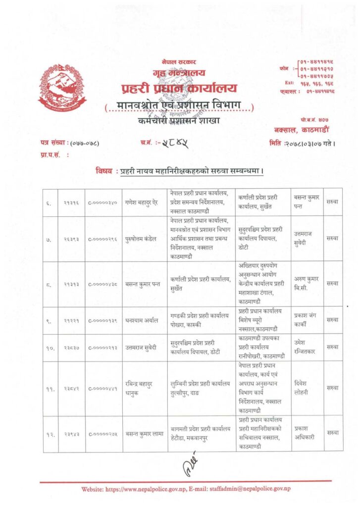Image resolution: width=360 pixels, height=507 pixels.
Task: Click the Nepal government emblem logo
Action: coord(62,87)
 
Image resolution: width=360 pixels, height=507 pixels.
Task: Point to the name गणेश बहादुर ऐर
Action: coord(144,203)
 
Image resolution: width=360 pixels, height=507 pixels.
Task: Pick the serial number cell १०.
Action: coord(51,347)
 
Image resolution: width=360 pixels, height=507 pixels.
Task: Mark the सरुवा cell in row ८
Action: coord(333,283)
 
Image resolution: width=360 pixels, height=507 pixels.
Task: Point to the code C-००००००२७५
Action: coord(104,433)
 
